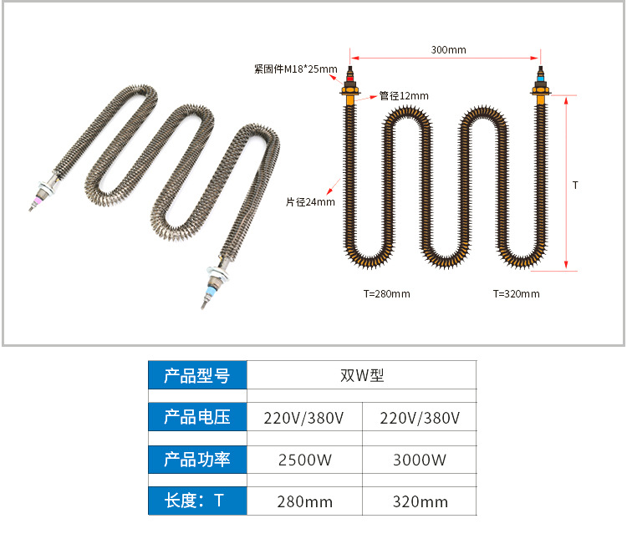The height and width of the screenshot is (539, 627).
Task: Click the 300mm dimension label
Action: tap(448, 50)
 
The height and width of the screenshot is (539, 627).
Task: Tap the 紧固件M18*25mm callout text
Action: tap(296, 69)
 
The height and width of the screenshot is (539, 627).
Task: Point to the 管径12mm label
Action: tap(404, 96)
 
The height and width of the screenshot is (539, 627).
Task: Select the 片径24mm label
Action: tap(310, 201)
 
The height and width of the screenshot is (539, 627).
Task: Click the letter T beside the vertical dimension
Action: tap(575, 185)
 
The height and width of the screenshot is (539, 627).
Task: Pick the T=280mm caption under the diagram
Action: tap(386, 294)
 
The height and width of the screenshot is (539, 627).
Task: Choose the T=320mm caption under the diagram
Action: tap(516, 294)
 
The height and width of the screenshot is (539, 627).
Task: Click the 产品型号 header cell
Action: tap(197, 376)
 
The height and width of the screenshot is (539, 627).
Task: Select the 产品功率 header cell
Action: tap(197, 460)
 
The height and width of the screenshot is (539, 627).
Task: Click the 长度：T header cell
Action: tap(197, 501)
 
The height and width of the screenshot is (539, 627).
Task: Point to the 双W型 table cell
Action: tap(362, 376)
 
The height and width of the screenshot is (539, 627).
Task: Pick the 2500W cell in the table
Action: tap(304, 460)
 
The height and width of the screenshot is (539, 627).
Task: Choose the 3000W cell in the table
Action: tap(420, 460)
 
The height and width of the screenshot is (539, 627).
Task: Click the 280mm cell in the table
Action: tap(304, 501)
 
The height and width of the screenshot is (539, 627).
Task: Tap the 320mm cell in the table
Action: tap(420, 501)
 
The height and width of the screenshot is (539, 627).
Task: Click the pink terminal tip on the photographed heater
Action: tap(38, 201)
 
